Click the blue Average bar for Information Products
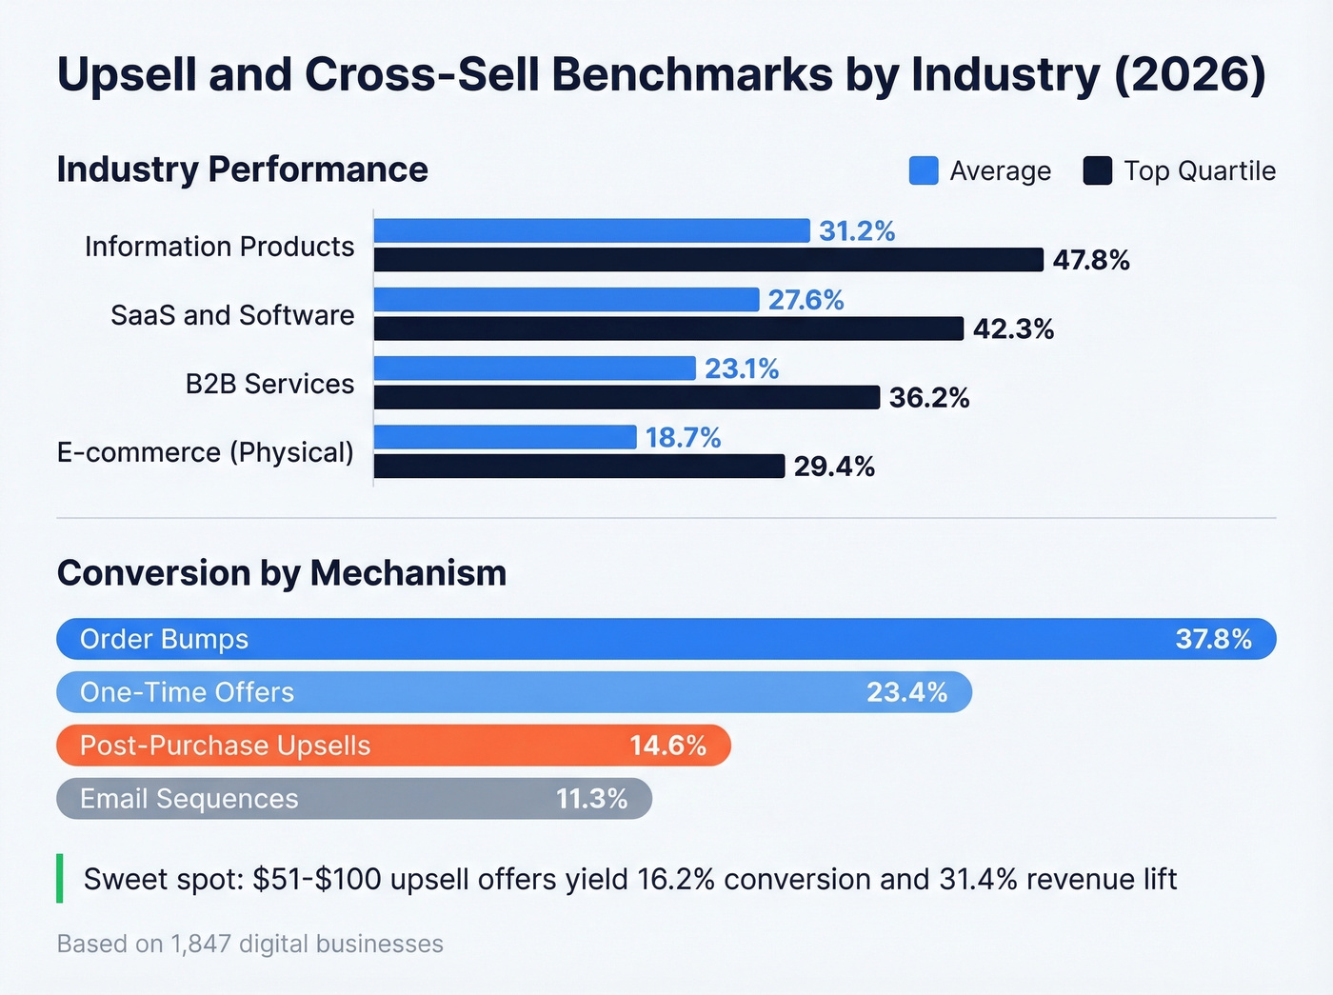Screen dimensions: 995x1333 [591, 230]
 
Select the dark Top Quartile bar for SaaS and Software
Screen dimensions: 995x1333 [668, 328]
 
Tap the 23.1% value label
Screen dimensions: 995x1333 [742, 368]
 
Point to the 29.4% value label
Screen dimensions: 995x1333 [834, 467]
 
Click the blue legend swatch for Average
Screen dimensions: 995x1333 [924, 170]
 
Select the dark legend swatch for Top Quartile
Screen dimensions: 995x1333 [1097, 170]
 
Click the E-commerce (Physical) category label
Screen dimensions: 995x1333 [206, 452]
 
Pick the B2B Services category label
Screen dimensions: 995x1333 [269, 384]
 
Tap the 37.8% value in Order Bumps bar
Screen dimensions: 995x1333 [1213, 639]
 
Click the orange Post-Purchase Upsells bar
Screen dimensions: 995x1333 [393, 746]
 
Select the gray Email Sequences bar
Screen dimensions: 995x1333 [354, 799]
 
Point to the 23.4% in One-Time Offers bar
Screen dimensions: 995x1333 [906, 692]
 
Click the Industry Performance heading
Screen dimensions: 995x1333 [243, 169]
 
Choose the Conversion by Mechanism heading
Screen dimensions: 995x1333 [282, 573]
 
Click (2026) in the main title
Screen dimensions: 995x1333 [1189, 74]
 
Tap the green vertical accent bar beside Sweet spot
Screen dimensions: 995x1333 [60, 878]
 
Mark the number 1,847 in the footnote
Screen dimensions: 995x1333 [201, 944]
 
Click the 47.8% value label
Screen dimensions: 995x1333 [1091, 260]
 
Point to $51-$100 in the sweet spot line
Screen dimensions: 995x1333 [317, 879]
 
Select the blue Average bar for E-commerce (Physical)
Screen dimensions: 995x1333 [505, 437]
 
